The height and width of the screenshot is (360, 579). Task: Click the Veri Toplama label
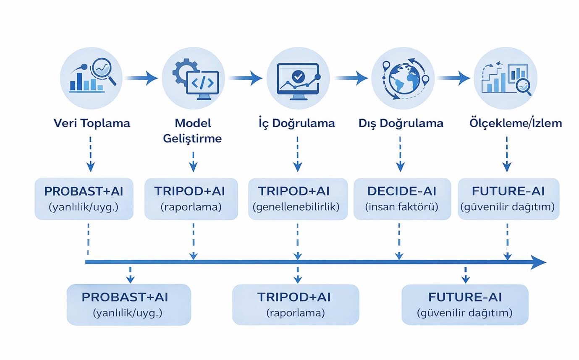click(92, 123)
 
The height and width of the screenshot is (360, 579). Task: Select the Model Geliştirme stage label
click(193, 130)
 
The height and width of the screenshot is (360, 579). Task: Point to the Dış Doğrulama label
click(401, 123)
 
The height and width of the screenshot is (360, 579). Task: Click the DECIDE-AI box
click(402, 199)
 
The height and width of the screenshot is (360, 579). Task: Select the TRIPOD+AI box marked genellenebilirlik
click(298, 199)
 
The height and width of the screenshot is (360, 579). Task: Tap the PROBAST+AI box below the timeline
click(129, 305)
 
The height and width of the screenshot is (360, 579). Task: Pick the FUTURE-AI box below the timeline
click(465, 305)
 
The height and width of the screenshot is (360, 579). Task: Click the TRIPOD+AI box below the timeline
click(296, 305)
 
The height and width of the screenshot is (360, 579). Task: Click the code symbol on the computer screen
click(202, 83)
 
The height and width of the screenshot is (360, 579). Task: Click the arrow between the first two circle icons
click(141, 78)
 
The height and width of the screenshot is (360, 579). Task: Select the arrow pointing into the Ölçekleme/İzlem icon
click(453, 78)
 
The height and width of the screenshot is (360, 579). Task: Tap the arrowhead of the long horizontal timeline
click(538, 262)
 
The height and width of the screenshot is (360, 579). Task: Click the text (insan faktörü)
click(402, 207)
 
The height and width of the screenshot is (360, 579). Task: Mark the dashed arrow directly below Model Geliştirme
click(193, 162)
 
